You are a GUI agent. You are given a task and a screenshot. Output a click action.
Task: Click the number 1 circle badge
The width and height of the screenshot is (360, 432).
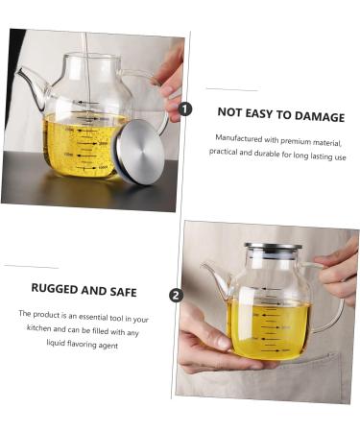tap(185, 109)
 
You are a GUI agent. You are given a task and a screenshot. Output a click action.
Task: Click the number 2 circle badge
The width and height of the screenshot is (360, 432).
tap(176, 295)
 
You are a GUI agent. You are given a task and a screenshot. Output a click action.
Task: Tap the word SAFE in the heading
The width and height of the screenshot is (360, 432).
tap(121, 290)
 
